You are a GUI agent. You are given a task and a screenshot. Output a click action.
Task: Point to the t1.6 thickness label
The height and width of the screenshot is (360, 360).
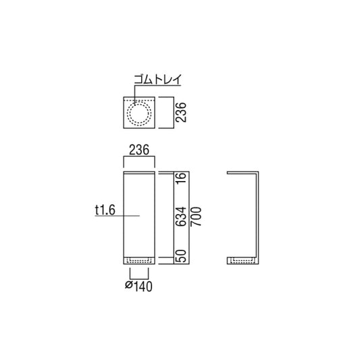(106, 211)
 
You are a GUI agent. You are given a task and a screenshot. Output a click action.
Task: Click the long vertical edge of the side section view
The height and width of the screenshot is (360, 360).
(257, 216)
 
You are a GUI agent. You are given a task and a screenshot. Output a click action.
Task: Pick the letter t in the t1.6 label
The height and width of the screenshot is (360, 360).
(97, 211)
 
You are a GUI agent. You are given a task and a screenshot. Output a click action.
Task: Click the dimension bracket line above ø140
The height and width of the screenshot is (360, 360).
(138, 277)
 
